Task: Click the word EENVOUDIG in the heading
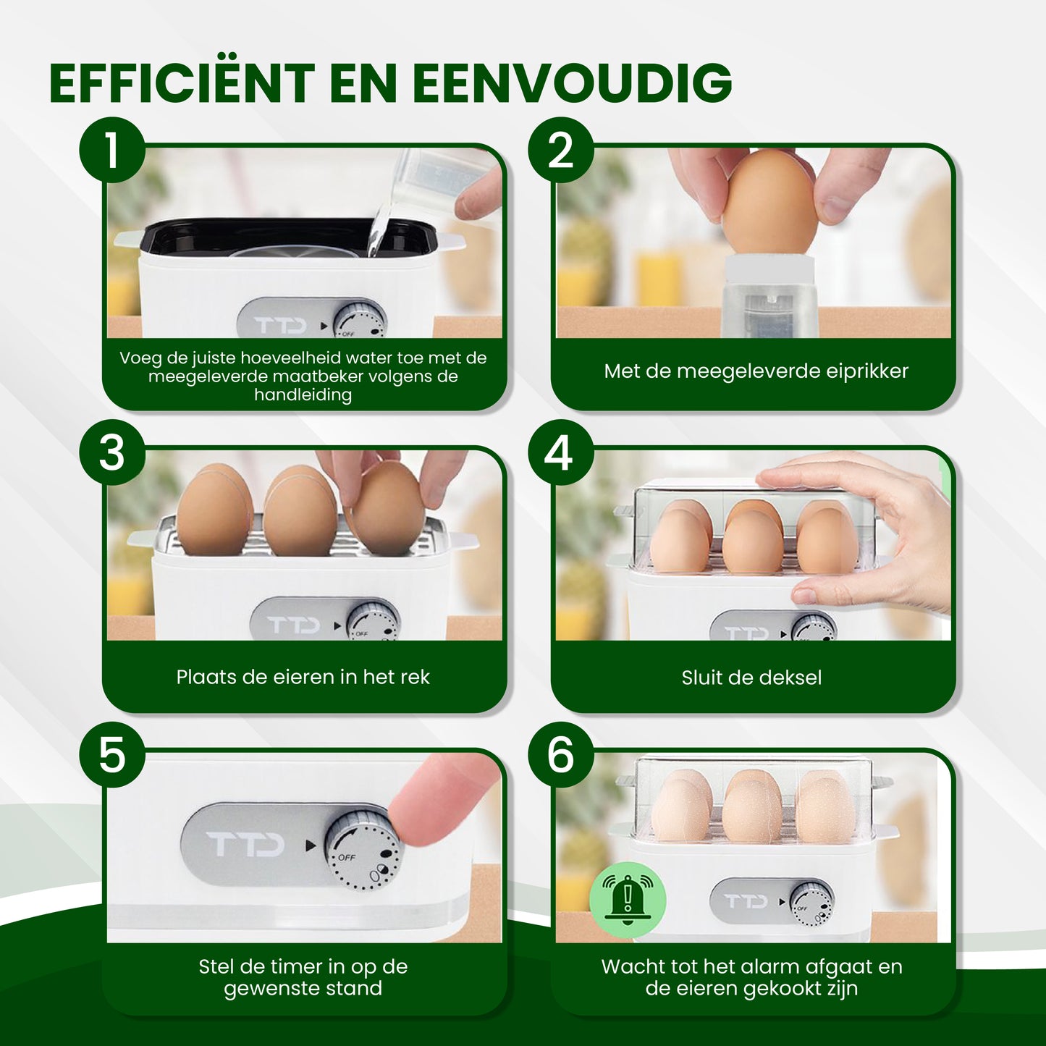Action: point(572,83)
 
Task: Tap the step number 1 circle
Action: point(112,150)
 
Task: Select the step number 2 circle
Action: point(560,150)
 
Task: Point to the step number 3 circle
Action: point(112,453)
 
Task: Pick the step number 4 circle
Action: point(560,453)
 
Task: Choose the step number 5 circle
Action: point(112,755)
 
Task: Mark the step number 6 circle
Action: point(560,755)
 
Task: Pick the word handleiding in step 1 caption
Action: point(303,395)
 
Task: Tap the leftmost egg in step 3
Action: point(215,511)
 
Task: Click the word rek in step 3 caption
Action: point(415,678)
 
